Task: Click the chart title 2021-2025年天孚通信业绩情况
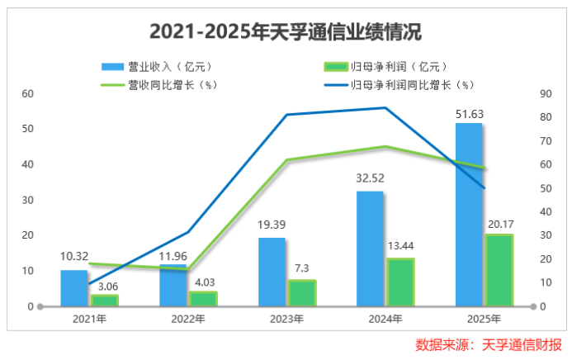point(286,31)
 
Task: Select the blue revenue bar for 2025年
point(469,215)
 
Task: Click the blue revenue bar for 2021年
point(73,288)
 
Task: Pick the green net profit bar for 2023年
point(301,293)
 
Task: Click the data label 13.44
point(401,247)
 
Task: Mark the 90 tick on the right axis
point(546,93)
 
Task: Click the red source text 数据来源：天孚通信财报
point(489,343)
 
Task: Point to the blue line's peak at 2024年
point(385,107)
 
